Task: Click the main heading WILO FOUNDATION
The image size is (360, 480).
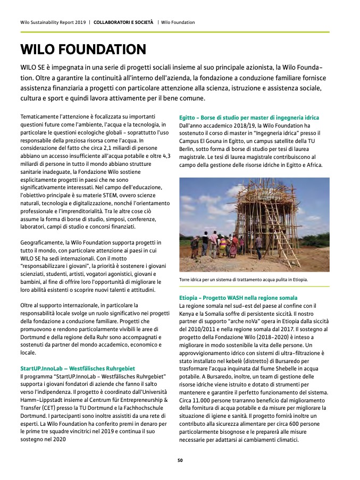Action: (x=83, y=49)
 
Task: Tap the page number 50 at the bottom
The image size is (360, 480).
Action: (x=180, y=460)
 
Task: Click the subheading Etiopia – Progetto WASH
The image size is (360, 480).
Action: (x=238, y=298)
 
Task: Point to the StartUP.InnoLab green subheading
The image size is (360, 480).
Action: (x=78, y=368)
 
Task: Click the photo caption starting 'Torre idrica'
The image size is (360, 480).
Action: (x=244, y=279)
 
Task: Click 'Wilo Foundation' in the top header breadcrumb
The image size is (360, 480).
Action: (x=178, y=22)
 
